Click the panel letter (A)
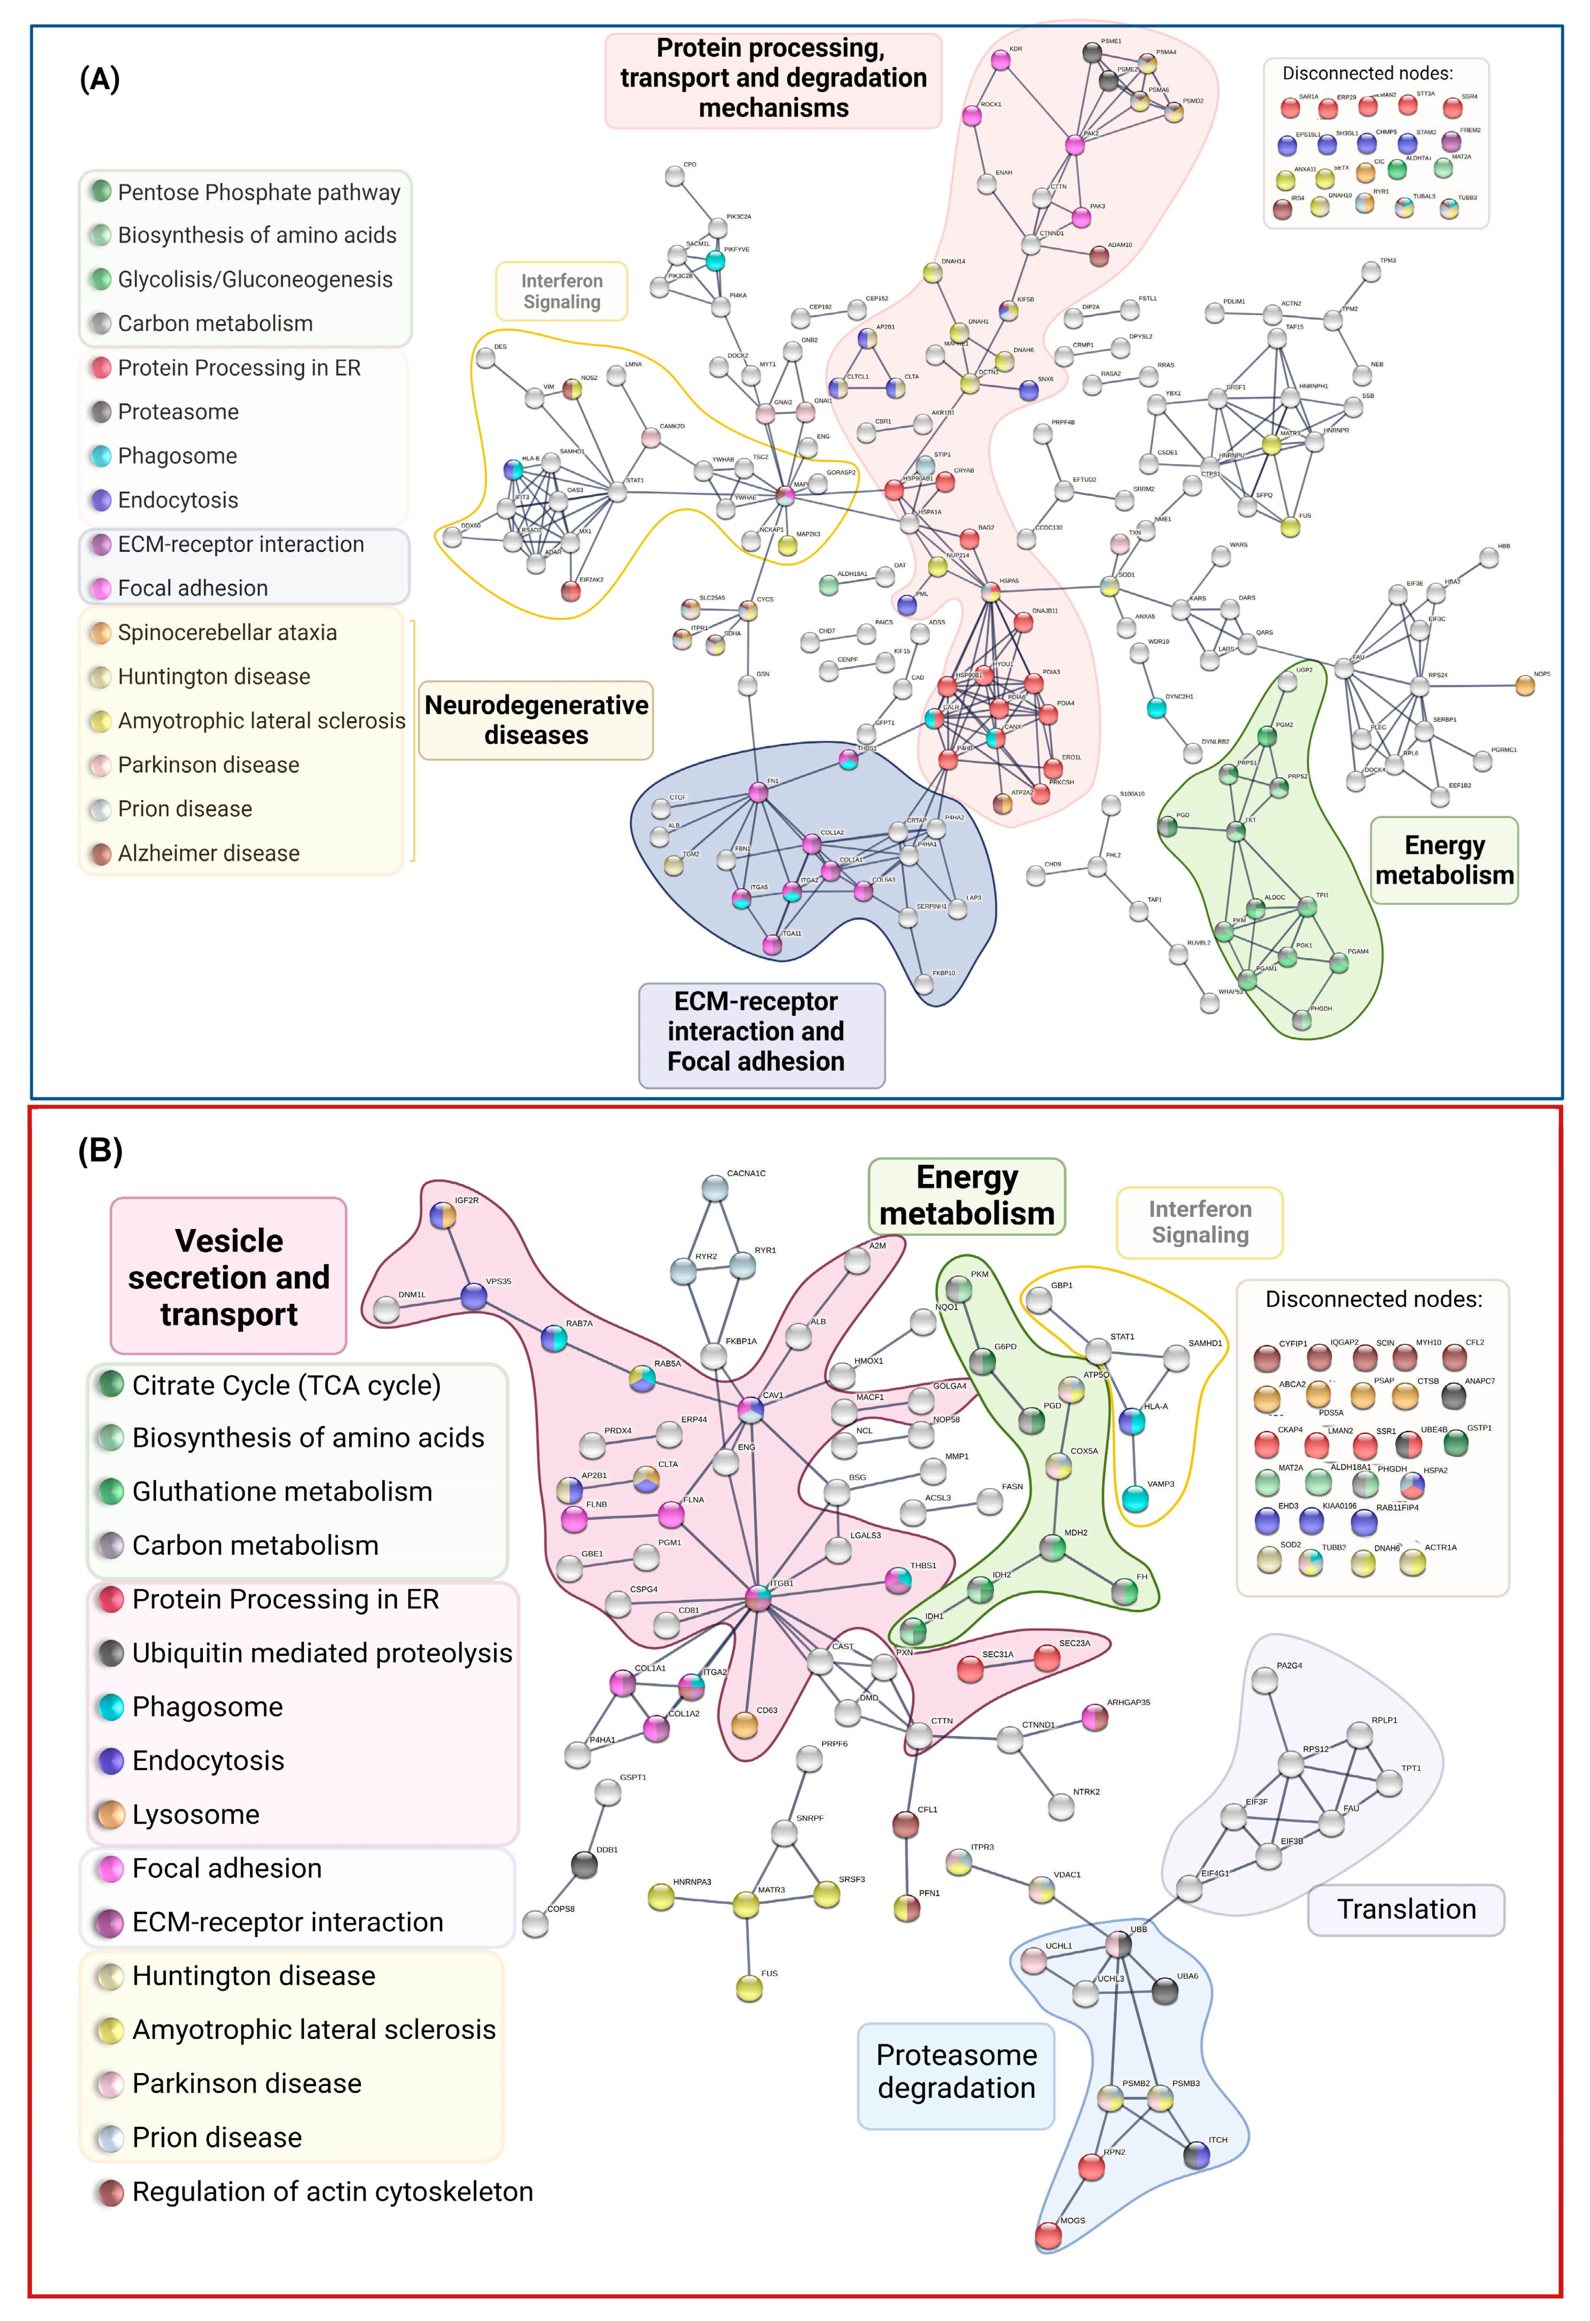point(100,79)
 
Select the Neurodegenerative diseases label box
point(536,720)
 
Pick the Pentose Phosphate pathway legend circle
point(101,191)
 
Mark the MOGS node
point(1048,2235)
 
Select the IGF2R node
point(442,1215)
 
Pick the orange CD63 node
point(744,1725)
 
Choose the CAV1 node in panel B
point(750,1410)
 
